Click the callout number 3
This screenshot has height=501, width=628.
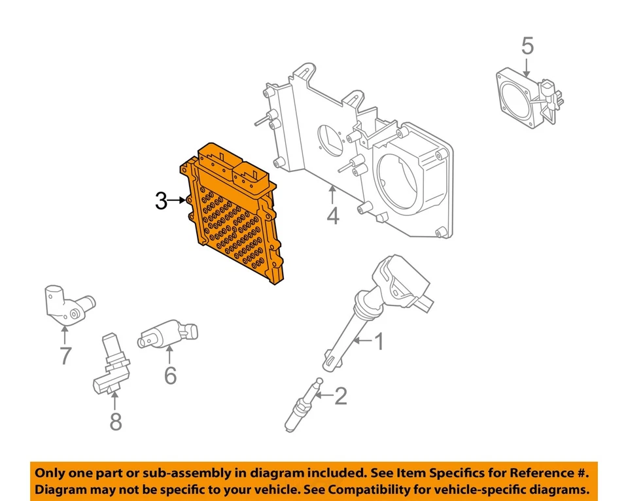click(161, 201)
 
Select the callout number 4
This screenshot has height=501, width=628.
click(333, 215)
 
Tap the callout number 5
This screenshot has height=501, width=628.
click(527, 46)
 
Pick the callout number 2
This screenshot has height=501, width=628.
click(340, 396)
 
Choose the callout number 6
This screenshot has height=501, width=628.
click(170, 375)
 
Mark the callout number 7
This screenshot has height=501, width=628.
click(65, 356)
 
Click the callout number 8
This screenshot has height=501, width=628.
click(115, 422)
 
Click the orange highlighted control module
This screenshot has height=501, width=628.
click(235, 216)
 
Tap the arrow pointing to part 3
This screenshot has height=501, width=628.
click(179, 201)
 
